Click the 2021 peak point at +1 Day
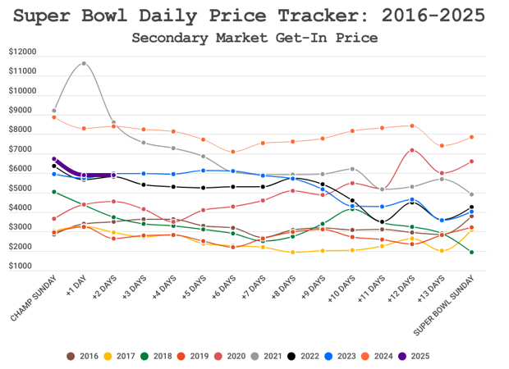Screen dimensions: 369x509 pyautogui.click(x=84, y=63)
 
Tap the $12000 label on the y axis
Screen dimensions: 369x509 pyautogui.click(x=22, y=52)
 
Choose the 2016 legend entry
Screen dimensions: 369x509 pyautogui.click(x=82, y=356)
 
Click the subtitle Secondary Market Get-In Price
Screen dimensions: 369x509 pyautogui.click(x=254, y=37)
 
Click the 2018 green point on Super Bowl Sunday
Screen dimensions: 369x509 pyautogui.click(x=471, y=252)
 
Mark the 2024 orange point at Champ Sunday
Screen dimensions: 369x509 pyautogui.click(x=54, y=117)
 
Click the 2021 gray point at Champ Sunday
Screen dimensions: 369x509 pyautogui.click(x=54, y=110)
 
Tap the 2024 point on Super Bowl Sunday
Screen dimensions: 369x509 pyautogui.click(x=471, y=137)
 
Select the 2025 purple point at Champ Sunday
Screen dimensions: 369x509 pyautogui.click(x=54, y=159)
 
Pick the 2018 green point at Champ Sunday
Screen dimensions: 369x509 pyautogui.click(x=54, y=192)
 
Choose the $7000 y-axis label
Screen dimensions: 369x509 pyautogui.click(x=23, y=150)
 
